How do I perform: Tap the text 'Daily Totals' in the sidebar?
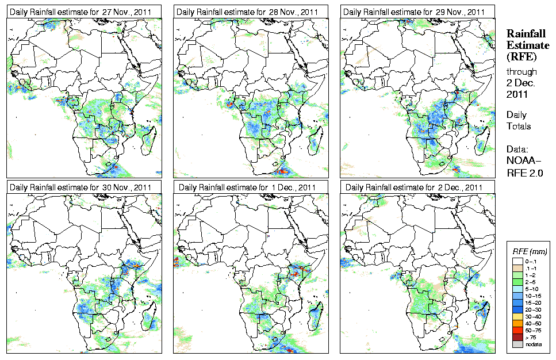pyautogui.click(x=519, y=121)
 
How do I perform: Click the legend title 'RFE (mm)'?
pyautogui.click(x=529, y=251)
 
